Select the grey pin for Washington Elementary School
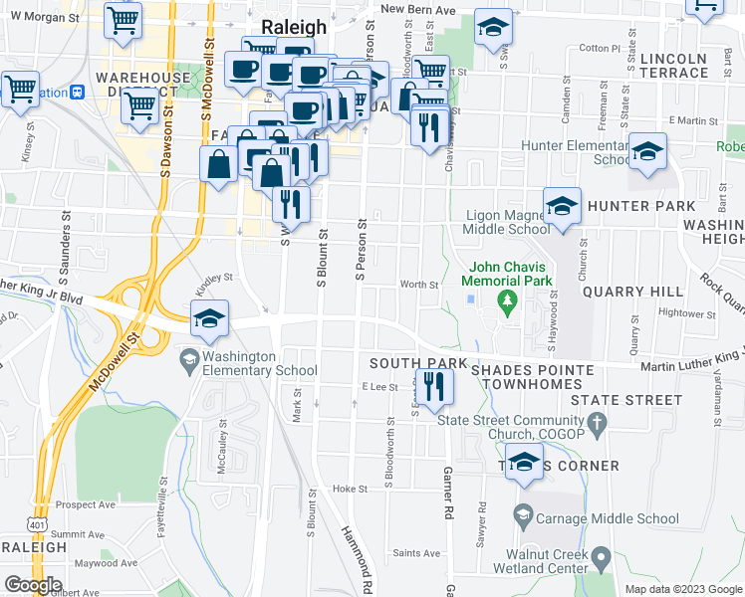[x=187, y=357]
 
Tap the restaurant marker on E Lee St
[x=431, y=386]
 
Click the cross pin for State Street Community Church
[x=597, y=425]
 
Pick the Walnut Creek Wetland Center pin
[x=601, y=556]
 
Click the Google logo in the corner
[x=33, y=585]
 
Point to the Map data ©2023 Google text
[x=683, y=589]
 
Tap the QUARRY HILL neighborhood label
[x=632, y=292]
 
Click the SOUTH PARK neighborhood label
[x=404, y=364]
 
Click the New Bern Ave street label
[x=417, y=9]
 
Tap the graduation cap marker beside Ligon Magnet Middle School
[x=562, y=208]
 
